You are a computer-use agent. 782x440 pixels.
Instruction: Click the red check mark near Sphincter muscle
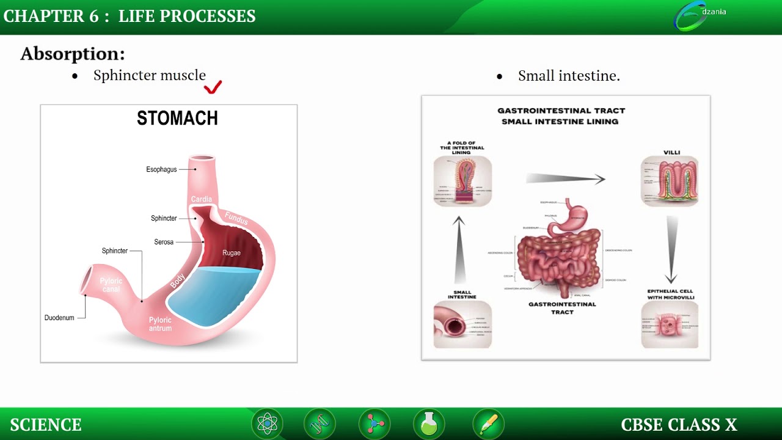pos(213,87)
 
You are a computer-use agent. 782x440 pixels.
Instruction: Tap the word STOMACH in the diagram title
pos(177,119)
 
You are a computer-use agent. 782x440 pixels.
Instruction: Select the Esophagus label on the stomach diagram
pos(161,169)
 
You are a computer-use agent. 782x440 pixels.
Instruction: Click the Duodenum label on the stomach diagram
pos(59,318)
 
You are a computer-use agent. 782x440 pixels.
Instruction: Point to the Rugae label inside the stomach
pos(232,253)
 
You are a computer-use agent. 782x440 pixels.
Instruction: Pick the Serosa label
pos(164,242)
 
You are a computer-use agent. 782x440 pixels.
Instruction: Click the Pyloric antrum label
pos(160,324)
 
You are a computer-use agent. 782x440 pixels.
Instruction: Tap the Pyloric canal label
pos(111,285)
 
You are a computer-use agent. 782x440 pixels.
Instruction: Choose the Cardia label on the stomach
pos(202,199)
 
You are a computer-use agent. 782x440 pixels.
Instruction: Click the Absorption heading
pos(73,54)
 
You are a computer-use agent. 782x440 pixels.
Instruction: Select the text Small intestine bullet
pos(569,76)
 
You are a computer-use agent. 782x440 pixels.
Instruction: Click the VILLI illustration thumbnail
pos(670,181)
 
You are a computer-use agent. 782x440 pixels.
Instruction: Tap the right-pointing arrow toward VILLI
pos(565,178)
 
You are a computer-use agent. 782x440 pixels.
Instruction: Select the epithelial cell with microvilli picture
pos(670,324)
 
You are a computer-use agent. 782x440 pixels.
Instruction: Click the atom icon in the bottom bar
pos(268,424)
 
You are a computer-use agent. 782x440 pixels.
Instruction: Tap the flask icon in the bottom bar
pos(429,424)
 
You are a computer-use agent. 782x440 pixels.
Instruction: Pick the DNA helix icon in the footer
pos(320,424)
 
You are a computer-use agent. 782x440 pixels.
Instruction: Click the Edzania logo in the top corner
pos(696,16)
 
